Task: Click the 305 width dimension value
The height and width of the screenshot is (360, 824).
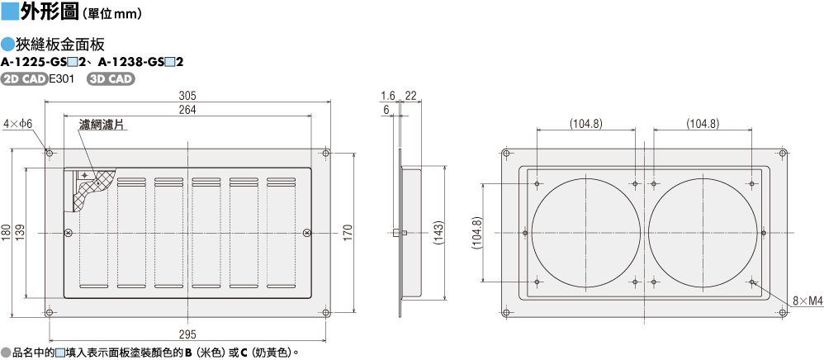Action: pos(187,95)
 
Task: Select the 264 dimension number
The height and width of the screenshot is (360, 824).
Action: pos(187,109)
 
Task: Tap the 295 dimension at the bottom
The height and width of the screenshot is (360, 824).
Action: pos(187,334)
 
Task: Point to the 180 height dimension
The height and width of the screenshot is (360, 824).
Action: pos(6,232)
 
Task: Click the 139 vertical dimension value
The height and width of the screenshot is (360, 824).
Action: pos(20,232)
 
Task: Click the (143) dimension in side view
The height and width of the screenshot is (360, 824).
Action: pos(439,232)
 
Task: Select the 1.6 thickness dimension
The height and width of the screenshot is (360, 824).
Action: pos(388,95)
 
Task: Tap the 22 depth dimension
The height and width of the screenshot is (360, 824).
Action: pos(410,95)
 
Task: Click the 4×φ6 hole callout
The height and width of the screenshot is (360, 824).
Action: pos(18,124)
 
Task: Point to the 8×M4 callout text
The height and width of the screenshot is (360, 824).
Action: pos(808,301)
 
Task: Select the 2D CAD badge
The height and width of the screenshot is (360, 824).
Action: pos(25,79)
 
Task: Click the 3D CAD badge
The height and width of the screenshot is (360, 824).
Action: pos(111,79)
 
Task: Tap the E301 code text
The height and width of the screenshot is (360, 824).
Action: pos(62,79)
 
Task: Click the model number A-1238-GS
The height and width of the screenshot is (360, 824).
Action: pos(129,62)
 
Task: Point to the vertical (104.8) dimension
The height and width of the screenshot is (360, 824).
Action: pos(476,232)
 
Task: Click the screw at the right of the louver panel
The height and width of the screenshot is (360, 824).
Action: pos(307,232)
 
